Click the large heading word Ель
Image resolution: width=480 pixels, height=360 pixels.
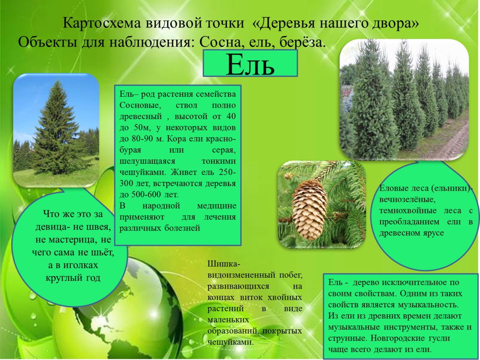[x=250, y=65]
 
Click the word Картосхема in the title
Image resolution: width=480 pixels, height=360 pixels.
[x=101, y=23]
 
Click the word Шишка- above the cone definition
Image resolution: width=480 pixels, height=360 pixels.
[x=224, y=264]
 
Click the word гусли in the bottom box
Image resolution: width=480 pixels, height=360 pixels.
[x=438, y=338]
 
